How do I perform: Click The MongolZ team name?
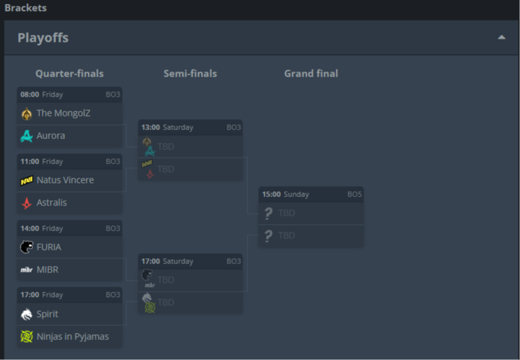pyautogui.click(x=63, y=113)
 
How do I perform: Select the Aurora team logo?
pyautogui.click(x=26, y=136)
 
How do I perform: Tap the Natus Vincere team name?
pyautogui.click(x=65, y=180)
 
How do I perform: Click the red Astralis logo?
pyautogui.click(x=26, y=203)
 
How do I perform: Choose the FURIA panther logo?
pyautogui.click(x=26, y=247)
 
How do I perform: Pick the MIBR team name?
pyautogui.click(x=48, y=270)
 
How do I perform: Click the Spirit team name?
pyautogui.click(x=47, y=314)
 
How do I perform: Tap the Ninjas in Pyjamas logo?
pyautogui.click(x=26, y=337)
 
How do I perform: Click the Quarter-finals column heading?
pyautogui.click(x=70, y=73)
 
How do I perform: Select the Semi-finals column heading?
pyautogui.click(x=190, y=73)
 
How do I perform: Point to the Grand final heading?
pyautogui.click(x=311, y=73)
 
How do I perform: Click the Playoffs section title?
pyautogui.click(x=43, y=38)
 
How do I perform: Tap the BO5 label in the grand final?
pyautogui.click(x=354, y=194)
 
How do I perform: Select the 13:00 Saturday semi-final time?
pyautogui.click(x=151, y=128)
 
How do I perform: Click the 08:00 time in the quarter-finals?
pyautogui.click(x=30, y=95)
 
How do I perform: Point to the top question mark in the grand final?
pyautogui.click(x=268, y=213)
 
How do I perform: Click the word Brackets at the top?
pyautogui.click(x=26, y=8)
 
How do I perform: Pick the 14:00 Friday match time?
pyautogui.click(x=30, y=229)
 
